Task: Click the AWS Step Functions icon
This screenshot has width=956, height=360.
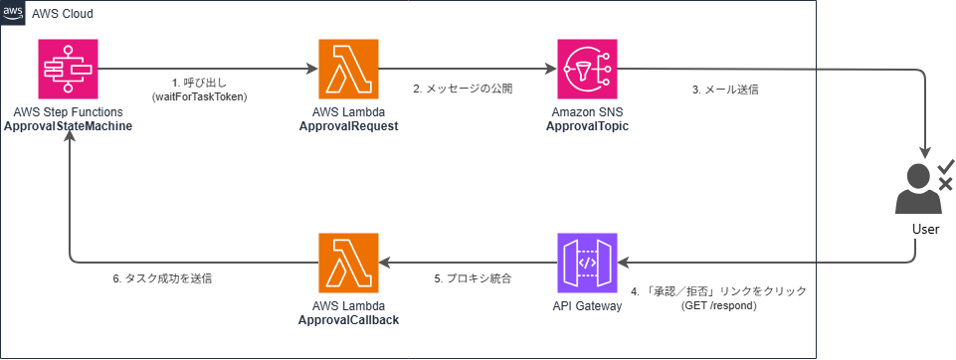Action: tap(68, 69)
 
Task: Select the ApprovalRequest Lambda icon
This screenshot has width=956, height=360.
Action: tap(348, 69)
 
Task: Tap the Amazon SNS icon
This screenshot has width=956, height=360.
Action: tap(587, 69)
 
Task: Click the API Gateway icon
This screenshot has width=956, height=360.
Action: tap(587, 263)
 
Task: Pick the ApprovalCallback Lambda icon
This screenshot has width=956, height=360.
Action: tap(348, 263)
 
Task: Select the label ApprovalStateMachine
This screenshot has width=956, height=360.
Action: tap(69, 126)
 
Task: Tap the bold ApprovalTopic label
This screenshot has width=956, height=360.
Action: tap(587, 126)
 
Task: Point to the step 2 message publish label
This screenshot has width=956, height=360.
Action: tap(463, 89)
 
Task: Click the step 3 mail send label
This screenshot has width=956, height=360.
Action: tap(725, 89)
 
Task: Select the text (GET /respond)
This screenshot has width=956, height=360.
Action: tap(719, 305)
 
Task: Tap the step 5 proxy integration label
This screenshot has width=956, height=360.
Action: tap(473, 279)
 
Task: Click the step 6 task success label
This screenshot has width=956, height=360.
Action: tap(160, 279)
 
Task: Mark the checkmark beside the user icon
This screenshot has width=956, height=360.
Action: tap(946, 166)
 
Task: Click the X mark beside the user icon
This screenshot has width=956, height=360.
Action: tap(946, 184)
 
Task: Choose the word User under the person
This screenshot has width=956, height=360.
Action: tap(917, 230)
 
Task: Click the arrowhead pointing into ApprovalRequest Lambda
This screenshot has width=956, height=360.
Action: tap(313, 69)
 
